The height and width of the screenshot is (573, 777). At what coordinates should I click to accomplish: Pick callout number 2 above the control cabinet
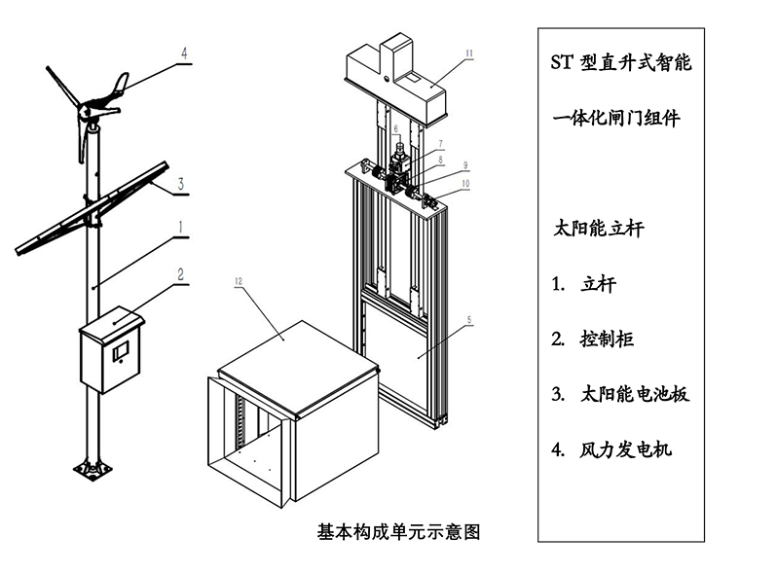tap(181, 274)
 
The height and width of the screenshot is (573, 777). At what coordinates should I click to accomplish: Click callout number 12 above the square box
tap(240, 281)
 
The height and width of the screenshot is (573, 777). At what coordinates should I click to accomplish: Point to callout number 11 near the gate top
tap(467, 54)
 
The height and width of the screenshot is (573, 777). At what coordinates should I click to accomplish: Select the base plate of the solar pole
tap(93, 470)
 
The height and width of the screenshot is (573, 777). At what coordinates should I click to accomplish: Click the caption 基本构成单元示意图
tap(399, 532)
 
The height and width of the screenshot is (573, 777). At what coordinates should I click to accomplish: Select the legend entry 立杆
tap(598, 285)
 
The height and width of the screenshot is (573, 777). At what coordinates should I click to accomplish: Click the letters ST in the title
tap(562, 64)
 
